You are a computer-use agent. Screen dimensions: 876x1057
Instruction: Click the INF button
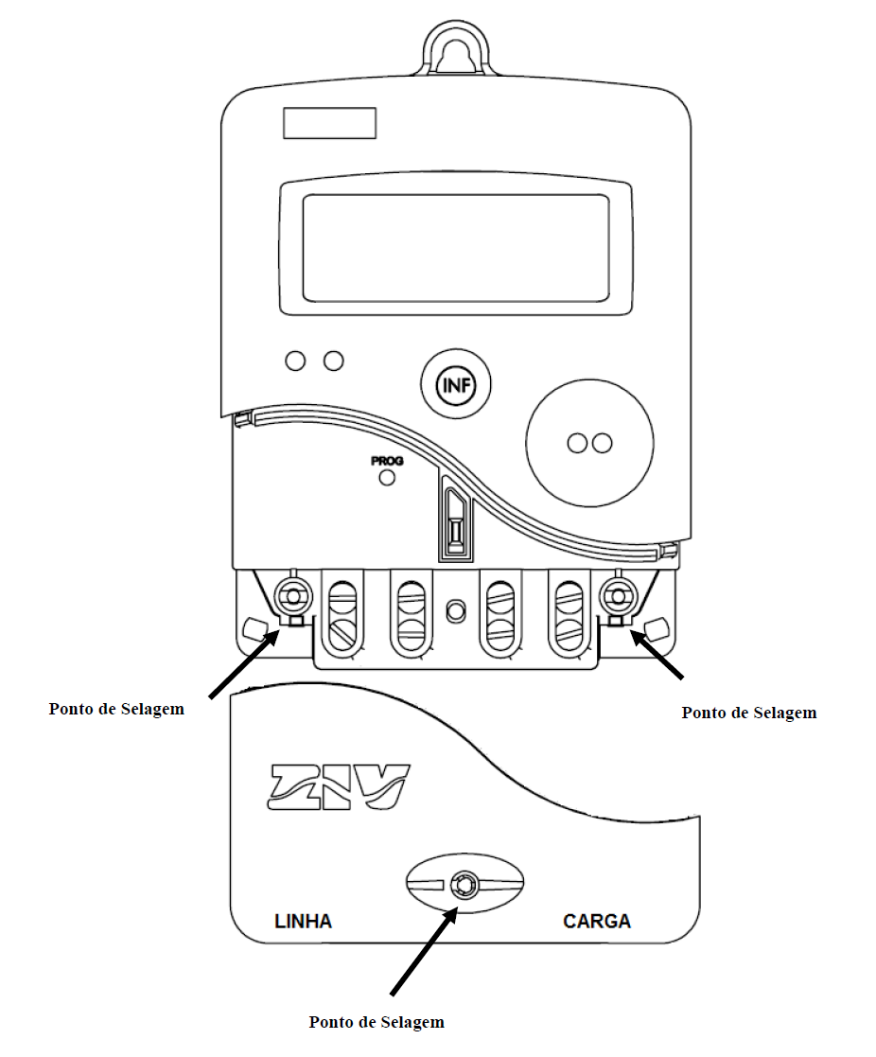click(456, 385)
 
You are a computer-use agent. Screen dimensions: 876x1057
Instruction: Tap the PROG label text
click(387, 461)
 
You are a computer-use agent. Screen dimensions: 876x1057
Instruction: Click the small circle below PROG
click(387, 478)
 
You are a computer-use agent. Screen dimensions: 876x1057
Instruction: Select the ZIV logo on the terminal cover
click(339, 786)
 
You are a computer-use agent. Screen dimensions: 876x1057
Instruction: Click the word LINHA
click(304, 922)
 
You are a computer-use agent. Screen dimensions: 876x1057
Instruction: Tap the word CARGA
click(596, 922)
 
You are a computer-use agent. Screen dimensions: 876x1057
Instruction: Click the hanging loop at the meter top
click(457, 47)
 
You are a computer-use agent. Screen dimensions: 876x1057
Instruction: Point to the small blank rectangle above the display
click(329, 123)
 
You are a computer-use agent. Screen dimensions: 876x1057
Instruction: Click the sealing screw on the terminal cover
click(464, 884)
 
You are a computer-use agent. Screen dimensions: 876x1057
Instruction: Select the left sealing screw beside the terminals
click(294, 596)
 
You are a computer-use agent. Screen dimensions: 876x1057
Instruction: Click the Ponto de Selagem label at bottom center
click(377, 1022)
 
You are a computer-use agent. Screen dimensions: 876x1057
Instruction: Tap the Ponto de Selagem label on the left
click(116, 709)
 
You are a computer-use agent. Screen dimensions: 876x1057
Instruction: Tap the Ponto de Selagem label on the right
click(749, 713)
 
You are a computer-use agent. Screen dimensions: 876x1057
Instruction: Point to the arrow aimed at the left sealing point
click(244, 663)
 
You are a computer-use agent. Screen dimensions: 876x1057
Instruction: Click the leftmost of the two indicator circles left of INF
click(295, 361)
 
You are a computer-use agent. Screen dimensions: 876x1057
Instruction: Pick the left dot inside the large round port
click(577, 443)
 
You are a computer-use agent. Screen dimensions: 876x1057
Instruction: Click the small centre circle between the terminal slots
click(456, 610)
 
